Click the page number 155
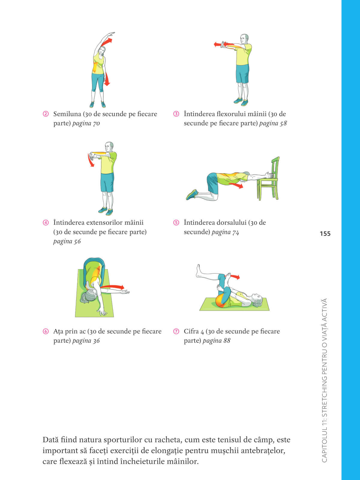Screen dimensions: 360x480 point(325,234)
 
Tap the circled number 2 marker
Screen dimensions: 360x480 point(46,114)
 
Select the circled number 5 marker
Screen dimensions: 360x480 point(176,223)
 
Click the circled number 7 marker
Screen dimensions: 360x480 point(176,331)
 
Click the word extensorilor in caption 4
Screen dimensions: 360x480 point(104,223)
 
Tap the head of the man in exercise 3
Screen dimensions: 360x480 point(244,39)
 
